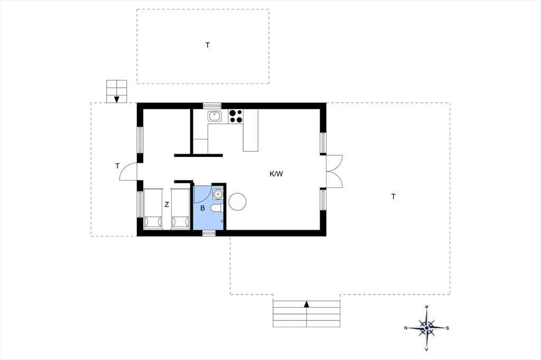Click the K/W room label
pos(276,174)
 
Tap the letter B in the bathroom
pos(202,208)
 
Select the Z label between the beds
pos(166,204)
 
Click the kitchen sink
pos(214,116)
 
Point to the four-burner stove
pos(235,116)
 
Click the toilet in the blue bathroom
pos(217,208)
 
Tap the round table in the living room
pos(237,202)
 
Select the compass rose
pos(427,328)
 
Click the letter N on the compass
pos(406,328)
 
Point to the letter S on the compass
pos(447,328)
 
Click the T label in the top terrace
pos(207,45)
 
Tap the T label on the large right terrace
pos(393,196)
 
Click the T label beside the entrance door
pos(117,166)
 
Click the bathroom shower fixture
pos(218,194)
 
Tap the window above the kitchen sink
pos(212,106)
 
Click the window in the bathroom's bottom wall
pos(208,233)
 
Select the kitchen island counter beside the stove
pos(250,130)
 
